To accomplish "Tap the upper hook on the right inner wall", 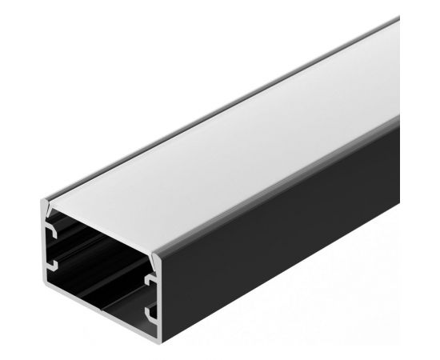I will pos(150,281).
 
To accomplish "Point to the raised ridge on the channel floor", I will pos(96,272).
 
